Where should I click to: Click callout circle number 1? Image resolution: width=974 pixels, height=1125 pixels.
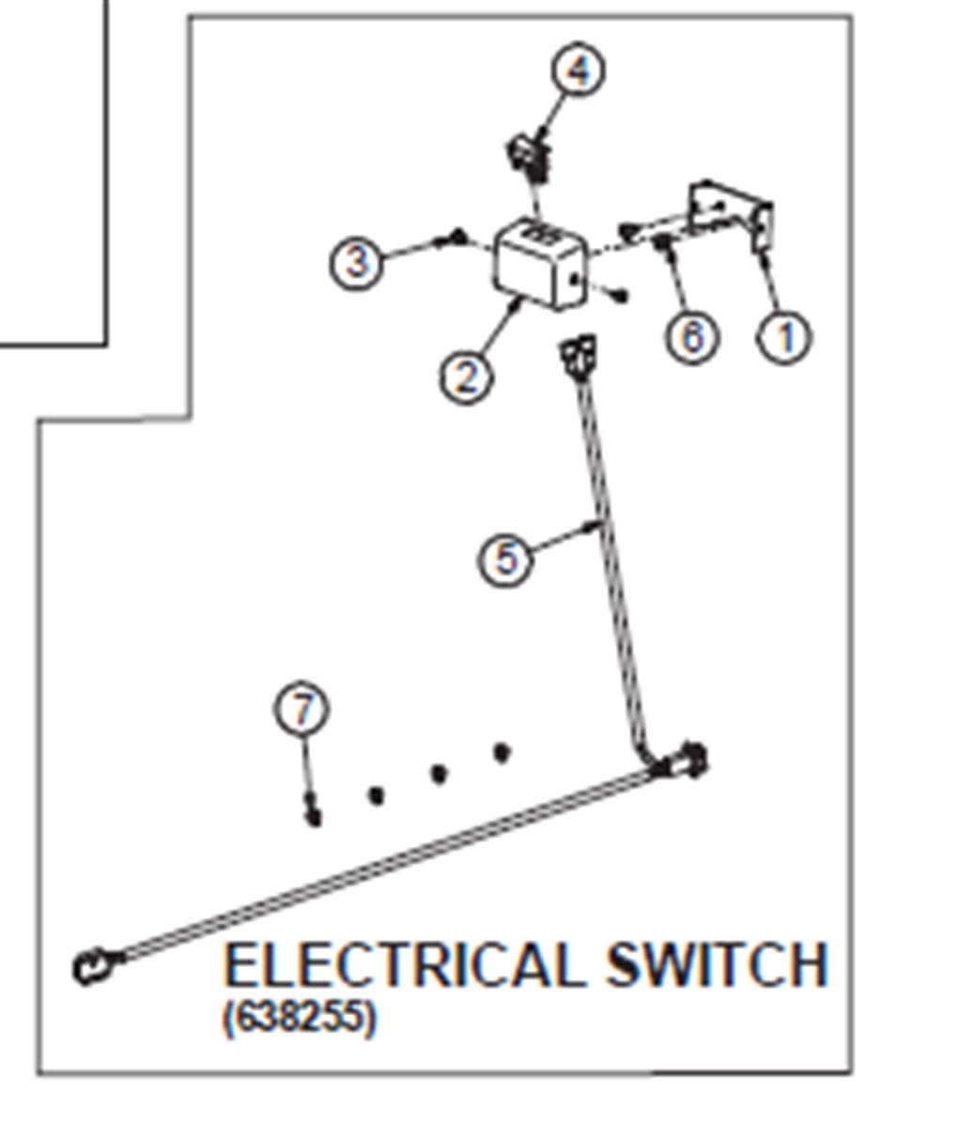(786, 336)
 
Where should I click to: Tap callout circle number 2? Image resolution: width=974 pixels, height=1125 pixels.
(467, 376)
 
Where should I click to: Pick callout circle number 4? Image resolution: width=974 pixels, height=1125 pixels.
(579, 69)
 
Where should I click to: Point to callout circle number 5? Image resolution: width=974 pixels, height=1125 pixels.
(506, 558)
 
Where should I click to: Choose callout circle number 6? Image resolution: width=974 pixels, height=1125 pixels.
(691, 336)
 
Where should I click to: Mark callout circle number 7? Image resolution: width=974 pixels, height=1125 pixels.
(302, 708)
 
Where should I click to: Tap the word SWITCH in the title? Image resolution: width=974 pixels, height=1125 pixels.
(717, 965)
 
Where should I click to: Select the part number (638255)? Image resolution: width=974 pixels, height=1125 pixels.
(299, 1017)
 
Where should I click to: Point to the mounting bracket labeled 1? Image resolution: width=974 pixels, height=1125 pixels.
(730, 214)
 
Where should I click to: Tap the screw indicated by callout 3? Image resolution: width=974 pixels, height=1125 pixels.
(455, 238)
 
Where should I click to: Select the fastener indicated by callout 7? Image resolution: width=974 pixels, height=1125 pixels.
(313, 810)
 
